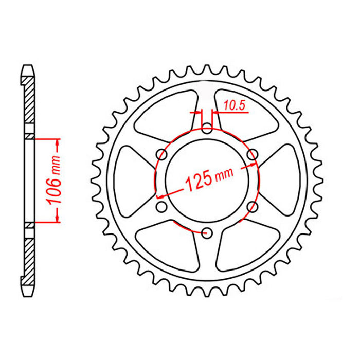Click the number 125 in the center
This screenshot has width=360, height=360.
pos(198,181)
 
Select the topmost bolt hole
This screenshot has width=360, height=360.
pos(207,129)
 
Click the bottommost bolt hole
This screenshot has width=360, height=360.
pos(207,232)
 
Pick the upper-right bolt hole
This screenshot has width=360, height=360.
pos(252,154)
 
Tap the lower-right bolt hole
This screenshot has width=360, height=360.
pos(252,206)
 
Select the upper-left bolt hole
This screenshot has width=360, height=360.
pos(161,154)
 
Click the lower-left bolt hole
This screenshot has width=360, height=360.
pos(161,207)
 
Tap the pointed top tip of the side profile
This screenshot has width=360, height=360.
pos(29,66)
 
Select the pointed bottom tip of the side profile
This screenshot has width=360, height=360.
pos(29,295)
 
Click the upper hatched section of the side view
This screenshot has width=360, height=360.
pos(29,103)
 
